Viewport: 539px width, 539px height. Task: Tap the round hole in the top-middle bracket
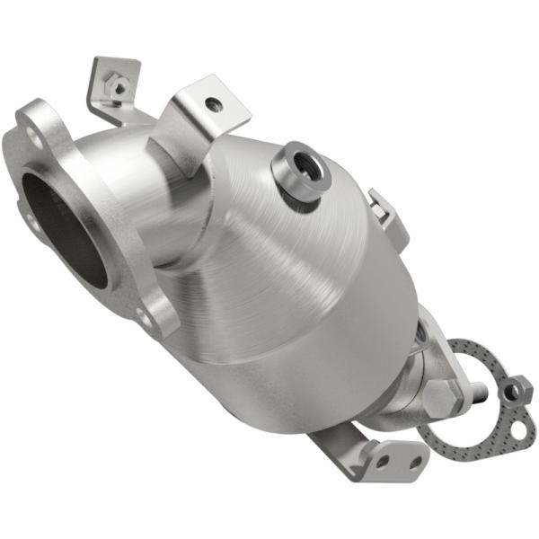tap(213, 105)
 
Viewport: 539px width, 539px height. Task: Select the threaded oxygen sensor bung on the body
tap(299, 171)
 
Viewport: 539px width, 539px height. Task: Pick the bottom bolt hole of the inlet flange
tap(143, 315)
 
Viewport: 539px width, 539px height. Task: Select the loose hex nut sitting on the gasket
tap(514, 389)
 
